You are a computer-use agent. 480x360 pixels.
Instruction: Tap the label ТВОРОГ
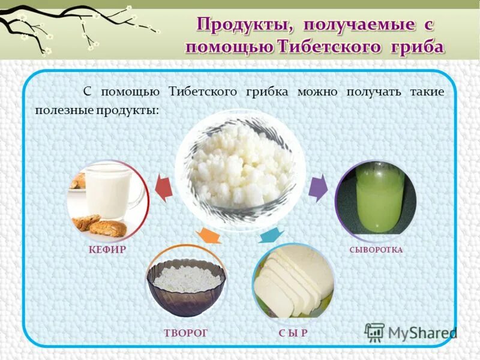tap(185, 332)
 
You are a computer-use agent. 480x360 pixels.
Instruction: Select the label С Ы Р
tap(293, 332)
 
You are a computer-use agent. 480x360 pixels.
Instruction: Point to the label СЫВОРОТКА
tap(376, 250)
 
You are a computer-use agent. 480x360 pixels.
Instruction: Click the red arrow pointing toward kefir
tap(163, 188)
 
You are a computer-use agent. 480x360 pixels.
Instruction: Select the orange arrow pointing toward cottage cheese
tap(208, 236)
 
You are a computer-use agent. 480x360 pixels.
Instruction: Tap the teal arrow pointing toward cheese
tap(271, 235)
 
